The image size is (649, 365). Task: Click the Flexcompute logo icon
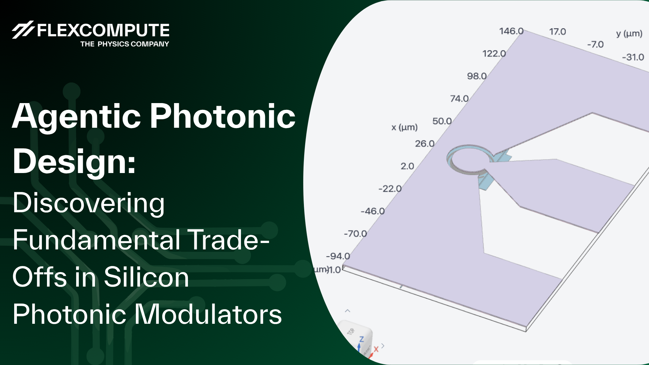coord(23,30)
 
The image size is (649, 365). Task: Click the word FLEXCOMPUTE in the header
coord(103,30)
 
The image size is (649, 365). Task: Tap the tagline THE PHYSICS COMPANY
coord(124,44)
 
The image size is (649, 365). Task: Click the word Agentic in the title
coord(76,117)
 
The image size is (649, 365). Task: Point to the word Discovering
coord(89,203)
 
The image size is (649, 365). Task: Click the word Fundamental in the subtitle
coord(97,240)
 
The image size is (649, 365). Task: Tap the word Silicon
coord(146,277)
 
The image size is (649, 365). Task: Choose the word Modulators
coord(208,314)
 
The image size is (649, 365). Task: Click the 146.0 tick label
coord(511,31)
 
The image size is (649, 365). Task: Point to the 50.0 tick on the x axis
coord(442,121)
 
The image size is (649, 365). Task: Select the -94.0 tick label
coord(338,256)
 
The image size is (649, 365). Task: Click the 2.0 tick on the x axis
coord(407,166)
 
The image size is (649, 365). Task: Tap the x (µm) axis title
coord(404,127)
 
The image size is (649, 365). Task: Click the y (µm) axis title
coord(629,33)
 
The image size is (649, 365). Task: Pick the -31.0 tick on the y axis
coord(633,57)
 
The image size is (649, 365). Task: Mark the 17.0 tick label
coord(557,31)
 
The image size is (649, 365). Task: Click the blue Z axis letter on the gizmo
coord(361,339)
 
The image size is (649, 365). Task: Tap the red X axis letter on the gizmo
coord(376,349)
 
